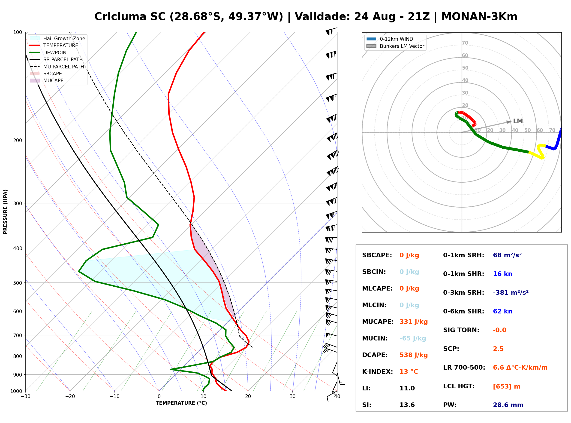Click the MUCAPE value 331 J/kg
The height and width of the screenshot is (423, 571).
414,322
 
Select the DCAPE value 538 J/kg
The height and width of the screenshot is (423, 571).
414,355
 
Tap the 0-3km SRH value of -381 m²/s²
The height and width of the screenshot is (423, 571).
511,292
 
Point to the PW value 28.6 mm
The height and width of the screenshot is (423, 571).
508,405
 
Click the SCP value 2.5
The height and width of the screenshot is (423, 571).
498,349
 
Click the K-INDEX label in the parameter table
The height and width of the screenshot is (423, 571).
378,371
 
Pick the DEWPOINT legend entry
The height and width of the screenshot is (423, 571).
50,52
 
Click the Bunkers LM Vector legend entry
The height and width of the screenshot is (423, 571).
395,46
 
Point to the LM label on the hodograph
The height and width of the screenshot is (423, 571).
518,121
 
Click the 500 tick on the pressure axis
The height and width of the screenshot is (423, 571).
17,283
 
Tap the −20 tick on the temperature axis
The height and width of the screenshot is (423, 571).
70,397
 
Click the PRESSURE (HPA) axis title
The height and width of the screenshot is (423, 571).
5,212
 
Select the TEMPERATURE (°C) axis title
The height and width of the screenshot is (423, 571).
181,403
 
